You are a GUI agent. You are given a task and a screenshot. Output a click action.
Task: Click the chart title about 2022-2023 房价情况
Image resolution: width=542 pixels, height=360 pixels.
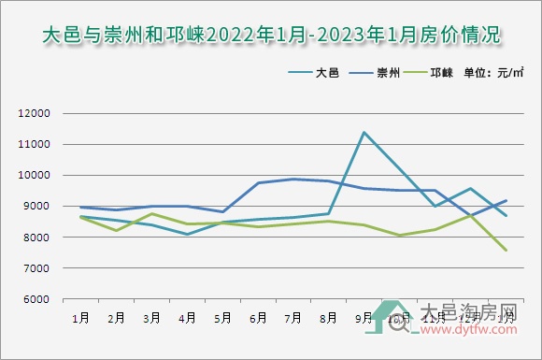(x=271, y=36)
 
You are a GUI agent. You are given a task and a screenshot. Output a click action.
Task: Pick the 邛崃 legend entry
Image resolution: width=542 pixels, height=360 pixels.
(x=438, y=72)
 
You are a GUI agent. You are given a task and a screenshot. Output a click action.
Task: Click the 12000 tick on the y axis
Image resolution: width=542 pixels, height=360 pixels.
(x=34, y=114)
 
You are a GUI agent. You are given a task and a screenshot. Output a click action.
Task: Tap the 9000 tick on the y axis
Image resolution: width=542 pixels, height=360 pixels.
(x=36, y=207)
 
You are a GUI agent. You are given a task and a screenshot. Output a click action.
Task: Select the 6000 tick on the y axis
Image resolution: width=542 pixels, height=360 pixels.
(x=36, y=299)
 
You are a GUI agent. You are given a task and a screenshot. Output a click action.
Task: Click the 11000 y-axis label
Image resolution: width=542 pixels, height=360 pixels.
(x=34, y=145)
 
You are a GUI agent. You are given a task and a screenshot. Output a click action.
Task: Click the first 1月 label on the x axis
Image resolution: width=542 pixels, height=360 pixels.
(x=81, y=318)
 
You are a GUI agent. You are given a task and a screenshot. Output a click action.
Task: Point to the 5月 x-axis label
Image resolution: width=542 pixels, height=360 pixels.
(x=222, y=318)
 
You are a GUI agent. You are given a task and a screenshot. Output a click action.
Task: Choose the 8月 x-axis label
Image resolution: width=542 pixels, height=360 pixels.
(x=329, y=318)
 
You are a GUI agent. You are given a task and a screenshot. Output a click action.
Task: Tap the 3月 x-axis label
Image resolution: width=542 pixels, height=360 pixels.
(x=151, y=318)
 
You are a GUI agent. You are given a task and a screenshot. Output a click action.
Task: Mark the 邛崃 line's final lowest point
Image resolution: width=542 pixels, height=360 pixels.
(x=506, y=250)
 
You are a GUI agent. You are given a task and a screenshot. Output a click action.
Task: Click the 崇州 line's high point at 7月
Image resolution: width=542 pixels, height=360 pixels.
(x=293, y=179)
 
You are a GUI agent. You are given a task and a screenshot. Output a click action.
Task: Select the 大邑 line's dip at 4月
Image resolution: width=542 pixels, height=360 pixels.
(x=187, y=234)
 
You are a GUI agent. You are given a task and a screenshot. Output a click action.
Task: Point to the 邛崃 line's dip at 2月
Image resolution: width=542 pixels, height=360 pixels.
(x=116, y=230)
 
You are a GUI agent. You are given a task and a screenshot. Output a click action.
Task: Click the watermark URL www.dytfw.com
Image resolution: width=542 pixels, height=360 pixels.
(x=472, y=328)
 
